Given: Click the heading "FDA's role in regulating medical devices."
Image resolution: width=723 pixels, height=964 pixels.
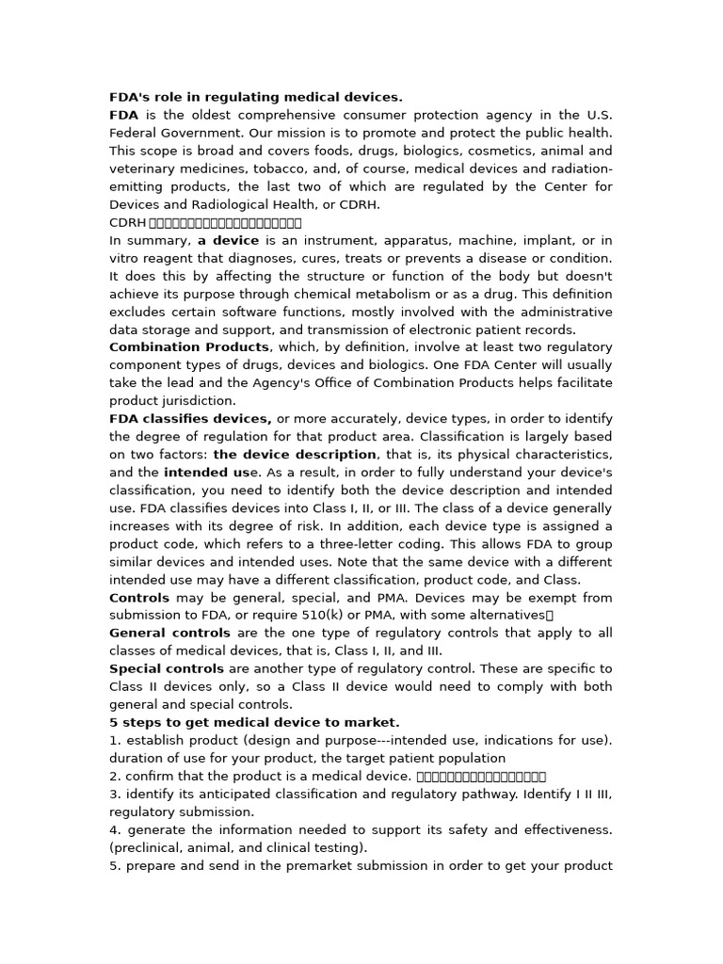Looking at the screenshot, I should tap(255, 97).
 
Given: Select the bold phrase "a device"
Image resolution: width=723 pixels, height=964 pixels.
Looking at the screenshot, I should tap(228, 240).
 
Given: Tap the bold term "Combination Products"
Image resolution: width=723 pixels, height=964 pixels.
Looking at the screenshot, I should tap(189, 347).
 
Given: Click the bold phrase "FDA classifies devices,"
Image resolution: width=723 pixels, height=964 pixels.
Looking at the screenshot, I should tap(190, 419).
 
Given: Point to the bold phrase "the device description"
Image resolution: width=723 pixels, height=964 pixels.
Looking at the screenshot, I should tap(296, 455).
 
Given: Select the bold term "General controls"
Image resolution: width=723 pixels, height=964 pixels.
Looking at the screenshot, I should tap(169, 634).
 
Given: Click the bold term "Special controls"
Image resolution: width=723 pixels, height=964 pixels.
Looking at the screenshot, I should tap(167, 669).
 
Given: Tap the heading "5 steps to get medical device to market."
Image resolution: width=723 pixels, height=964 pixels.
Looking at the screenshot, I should tap(254, 723).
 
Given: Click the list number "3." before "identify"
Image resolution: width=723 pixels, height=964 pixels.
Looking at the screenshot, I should tap(115, 795).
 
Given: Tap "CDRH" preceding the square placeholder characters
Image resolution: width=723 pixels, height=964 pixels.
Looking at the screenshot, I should tap(127, 223).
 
